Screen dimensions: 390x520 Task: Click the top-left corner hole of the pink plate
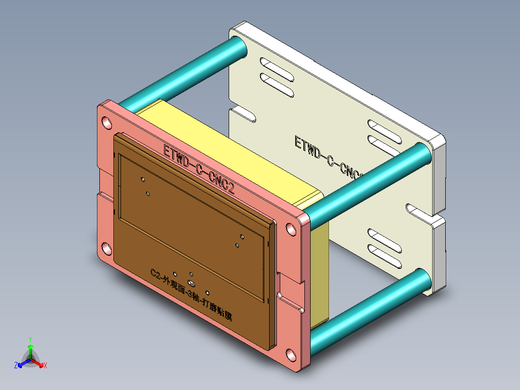(x=106, y=123)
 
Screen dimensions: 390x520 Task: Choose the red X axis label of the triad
(x=45, y=366)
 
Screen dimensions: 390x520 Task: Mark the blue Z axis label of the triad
(x=16, y=366)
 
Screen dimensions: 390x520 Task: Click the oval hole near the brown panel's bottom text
(x=191, y=282)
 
